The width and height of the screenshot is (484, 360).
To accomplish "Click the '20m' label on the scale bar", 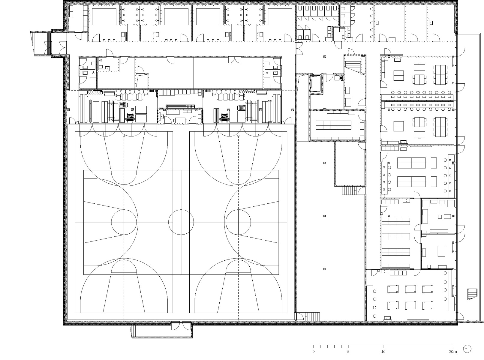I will click(452, 351).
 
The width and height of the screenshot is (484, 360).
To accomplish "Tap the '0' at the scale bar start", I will click(314, 351).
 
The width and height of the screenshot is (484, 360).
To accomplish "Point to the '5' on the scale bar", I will click(348, 351).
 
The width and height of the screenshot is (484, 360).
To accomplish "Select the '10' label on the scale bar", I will click(383, 351).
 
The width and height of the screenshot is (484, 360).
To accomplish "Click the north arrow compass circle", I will click(467, 349).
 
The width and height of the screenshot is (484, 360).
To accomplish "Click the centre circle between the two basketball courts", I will click(181, 222).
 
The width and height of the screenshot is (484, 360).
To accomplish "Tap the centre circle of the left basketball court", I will click(124, 222).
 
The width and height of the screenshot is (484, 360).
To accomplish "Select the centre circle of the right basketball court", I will click(238, 222).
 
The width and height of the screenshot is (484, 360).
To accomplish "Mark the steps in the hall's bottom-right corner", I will click(312, 316).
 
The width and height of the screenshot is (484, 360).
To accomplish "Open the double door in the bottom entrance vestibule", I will click(181, 326).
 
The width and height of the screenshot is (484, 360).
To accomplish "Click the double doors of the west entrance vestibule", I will click(62, 44).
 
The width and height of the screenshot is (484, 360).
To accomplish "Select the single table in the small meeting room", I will click(441, 250).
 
